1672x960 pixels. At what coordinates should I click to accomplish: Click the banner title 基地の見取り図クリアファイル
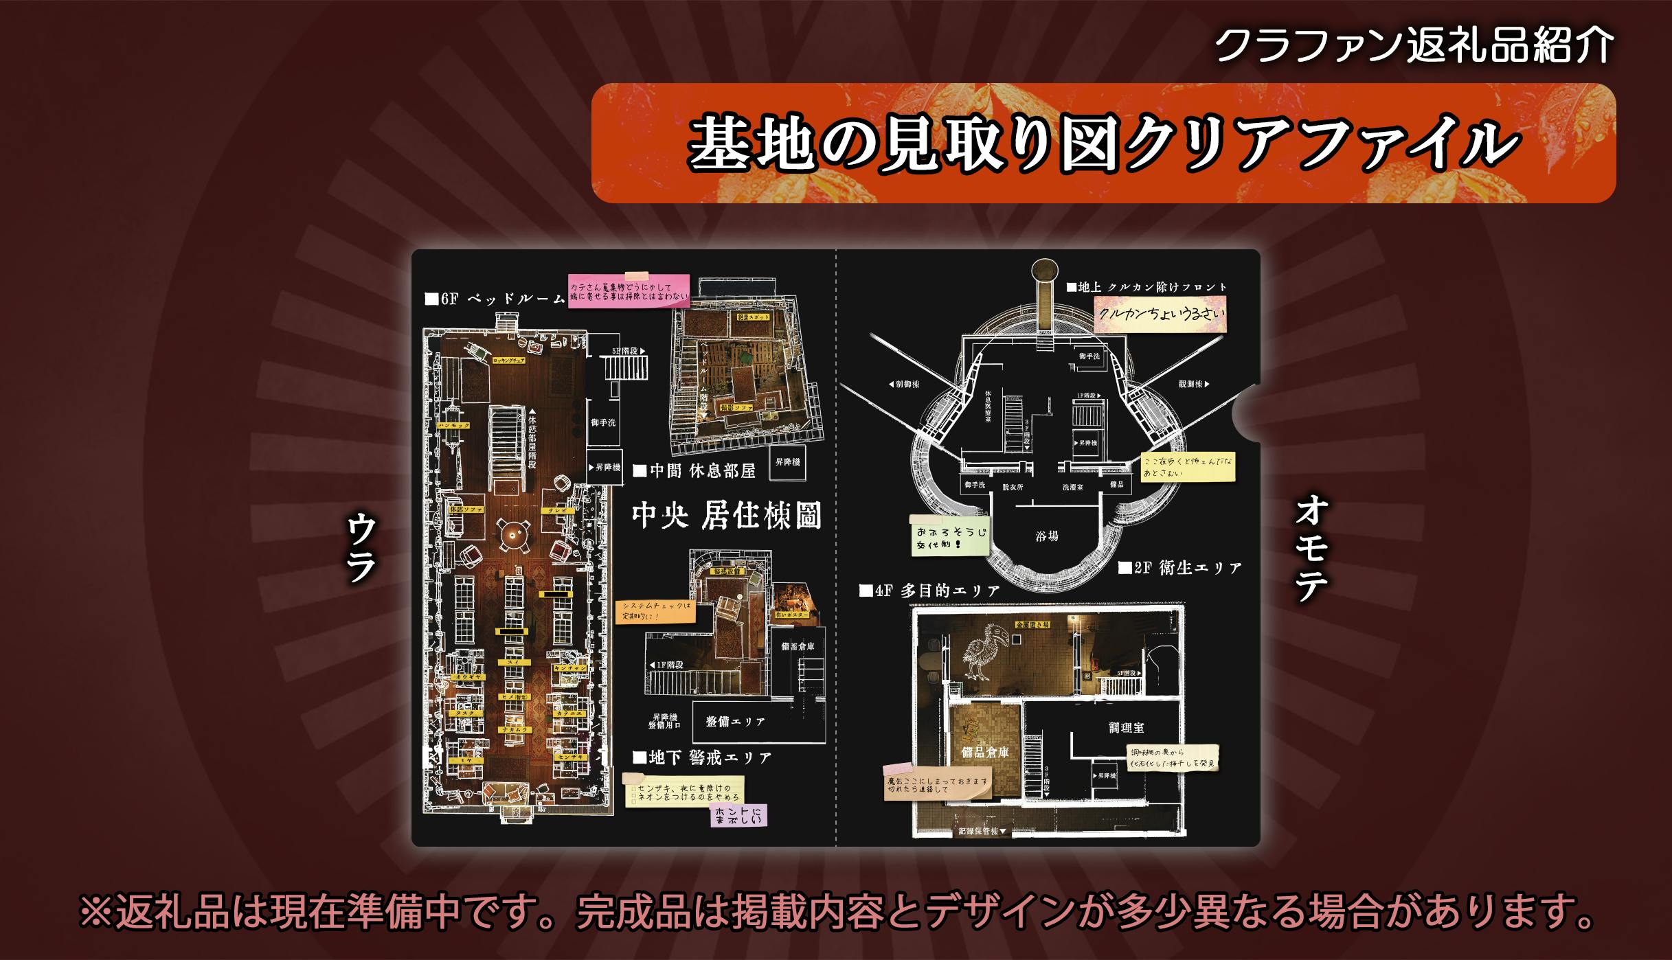pos(1102,144)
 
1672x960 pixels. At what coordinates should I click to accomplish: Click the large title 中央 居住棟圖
pos(726,516)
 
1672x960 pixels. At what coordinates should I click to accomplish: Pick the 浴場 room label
pos(1047,536)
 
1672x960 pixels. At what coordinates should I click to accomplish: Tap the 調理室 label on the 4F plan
pos(1126,727)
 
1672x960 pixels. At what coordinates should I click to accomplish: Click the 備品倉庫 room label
pos(984,752)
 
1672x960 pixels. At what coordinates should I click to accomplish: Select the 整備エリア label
pos(735,722)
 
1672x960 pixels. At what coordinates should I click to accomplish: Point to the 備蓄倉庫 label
pos(798,646)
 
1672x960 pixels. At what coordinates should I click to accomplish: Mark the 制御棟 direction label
pos(903,384)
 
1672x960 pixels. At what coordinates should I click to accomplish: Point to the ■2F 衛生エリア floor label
pos(1179,568)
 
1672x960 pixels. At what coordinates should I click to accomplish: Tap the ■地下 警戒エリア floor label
pos(701,757)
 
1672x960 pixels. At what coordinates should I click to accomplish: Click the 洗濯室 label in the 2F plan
pos(1072,487)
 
